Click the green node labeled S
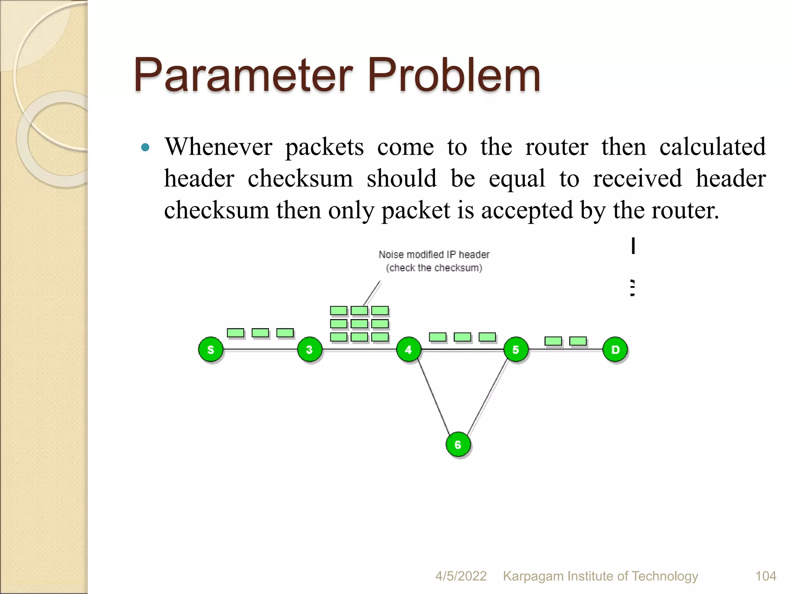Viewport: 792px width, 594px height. [211, 350]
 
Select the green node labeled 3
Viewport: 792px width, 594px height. [309, 350]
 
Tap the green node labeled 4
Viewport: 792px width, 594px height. [409, 350]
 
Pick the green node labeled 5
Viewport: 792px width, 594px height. [516, 350]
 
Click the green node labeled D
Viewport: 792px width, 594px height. [615, 350]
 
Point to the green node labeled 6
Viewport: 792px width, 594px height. [458, 444]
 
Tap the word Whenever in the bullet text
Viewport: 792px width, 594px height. [218, 147]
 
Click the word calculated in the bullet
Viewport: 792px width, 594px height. [712, 147]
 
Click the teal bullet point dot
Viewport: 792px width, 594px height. [145, 147]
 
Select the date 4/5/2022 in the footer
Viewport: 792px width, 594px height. [461, 576]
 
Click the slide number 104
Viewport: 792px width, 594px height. [766, 576]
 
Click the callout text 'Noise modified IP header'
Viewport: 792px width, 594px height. [434, 254]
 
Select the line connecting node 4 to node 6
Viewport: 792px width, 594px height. [433, 396]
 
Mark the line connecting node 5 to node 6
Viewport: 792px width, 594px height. [487, 396]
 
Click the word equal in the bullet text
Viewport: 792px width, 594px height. [517, 179]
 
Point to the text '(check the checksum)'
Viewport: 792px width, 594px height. [434, 268]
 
